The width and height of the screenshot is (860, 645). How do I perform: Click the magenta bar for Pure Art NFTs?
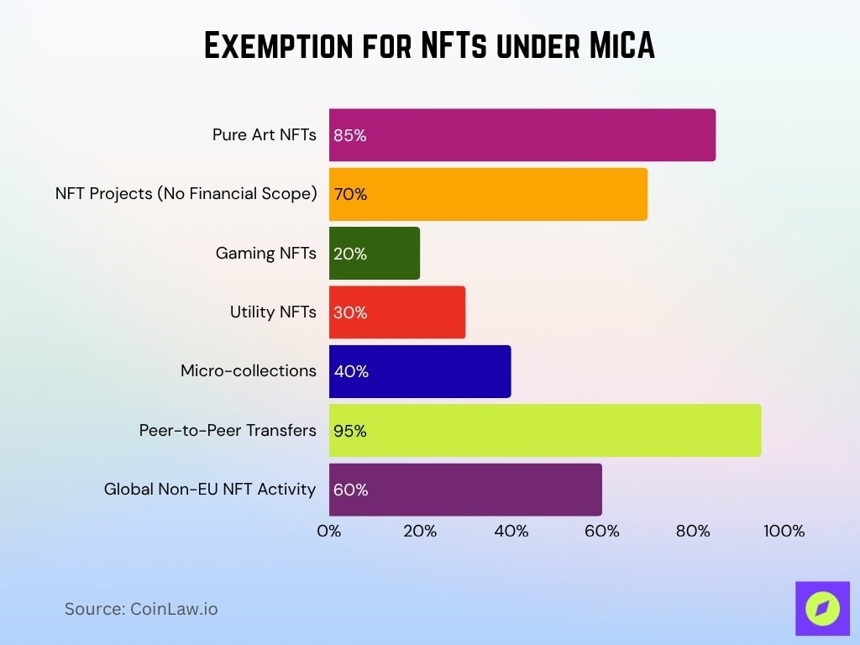522,134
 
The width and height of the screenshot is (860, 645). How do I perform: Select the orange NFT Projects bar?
487,194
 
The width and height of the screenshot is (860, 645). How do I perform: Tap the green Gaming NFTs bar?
374,253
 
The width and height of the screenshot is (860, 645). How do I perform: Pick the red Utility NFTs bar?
396,312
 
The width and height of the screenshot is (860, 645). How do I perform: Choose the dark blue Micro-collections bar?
419,371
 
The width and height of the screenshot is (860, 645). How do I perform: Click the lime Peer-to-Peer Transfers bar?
544,430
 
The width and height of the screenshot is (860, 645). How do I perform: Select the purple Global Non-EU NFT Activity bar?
464,490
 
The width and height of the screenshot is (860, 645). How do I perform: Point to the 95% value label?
350,431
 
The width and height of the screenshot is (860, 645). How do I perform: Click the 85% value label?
350,135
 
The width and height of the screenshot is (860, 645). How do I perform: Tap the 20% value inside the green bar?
350,254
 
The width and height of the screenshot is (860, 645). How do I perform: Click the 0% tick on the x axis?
329,531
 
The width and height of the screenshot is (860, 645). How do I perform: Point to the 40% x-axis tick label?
511,531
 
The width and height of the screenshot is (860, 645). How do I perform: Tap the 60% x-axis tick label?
601,531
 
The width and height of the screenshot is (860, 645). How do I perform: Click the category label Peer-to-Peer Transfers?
228,430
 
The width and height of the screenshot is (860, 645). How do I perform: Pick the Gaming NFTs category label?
266,253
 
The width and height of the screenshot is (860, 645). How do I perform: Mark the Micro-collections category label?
249,370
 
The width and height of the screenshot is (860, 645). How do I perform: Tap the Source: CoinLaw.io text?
141,609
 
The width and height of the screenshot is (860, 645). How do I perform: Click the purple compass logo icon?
822,608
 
